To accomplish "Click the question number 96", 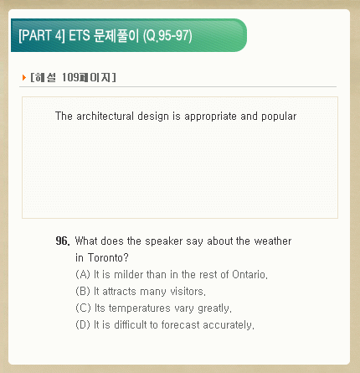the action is (63, 241).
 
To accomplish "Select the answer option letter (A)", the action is (83, 275).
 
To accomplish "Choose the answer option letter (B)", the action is (83, 292).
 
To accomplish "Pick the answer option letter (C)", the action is (83, 308).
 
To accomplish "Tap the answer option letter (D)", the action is (83, 325).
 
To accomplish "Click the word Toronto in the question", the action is (108, 257).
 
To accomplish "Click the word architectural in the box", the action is (105, 116).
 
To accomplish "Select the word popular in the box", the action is (279, 117).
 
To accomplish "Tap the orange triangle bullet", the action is (24, 77).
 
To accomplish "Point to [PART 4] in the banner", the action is (42, 36).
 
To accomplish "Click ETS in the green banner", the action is (80, 36).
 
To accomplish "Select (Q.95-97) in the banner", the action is (167, 36).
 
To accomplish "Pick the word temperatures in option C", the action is (140, 308).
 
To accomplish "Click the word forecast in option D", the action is (181, 325).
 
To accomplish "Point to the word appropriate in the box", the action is (210, 117).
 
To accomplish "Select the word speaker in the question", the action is (164, 241).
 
